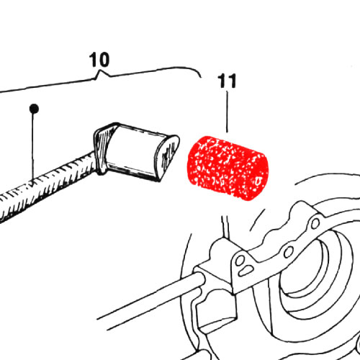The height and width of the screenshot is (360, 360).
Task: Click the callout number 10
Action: point(99,60)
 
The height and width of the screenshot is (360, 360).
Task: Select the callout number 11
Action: point(227,81)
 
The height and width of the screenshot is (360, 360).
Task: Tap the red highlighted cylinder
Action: point(228,168)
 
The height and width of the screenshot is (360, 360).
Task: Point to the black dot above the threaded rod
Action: point(34,109)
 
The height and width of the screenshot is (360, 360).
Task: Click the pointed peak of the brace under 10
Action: point(100,71)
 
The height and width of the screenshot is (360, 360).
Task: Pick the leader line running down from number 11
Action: point(227,112)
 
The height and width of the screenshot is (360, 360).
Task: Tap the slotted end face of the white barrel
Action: point(168,156)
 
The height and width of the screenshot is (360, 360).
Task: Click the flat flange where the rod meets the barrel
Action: point(102,149)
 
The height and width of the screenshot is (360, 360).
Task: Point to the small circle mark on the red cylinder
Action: point(258,181)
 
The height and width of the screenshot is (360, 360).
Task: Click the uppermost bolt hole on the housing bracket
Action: point(315,223)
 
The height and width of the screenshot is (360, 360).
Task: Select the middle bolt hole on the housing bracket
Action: point(288,251)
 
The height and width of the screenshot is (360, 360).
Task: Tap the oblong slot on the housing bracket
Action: point(246,270)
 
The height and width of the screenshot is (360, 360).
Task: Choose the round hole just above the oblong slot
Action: point(240,260)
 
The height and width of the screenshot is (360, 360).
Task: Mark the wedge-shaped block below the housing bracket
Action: point(216,310)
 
